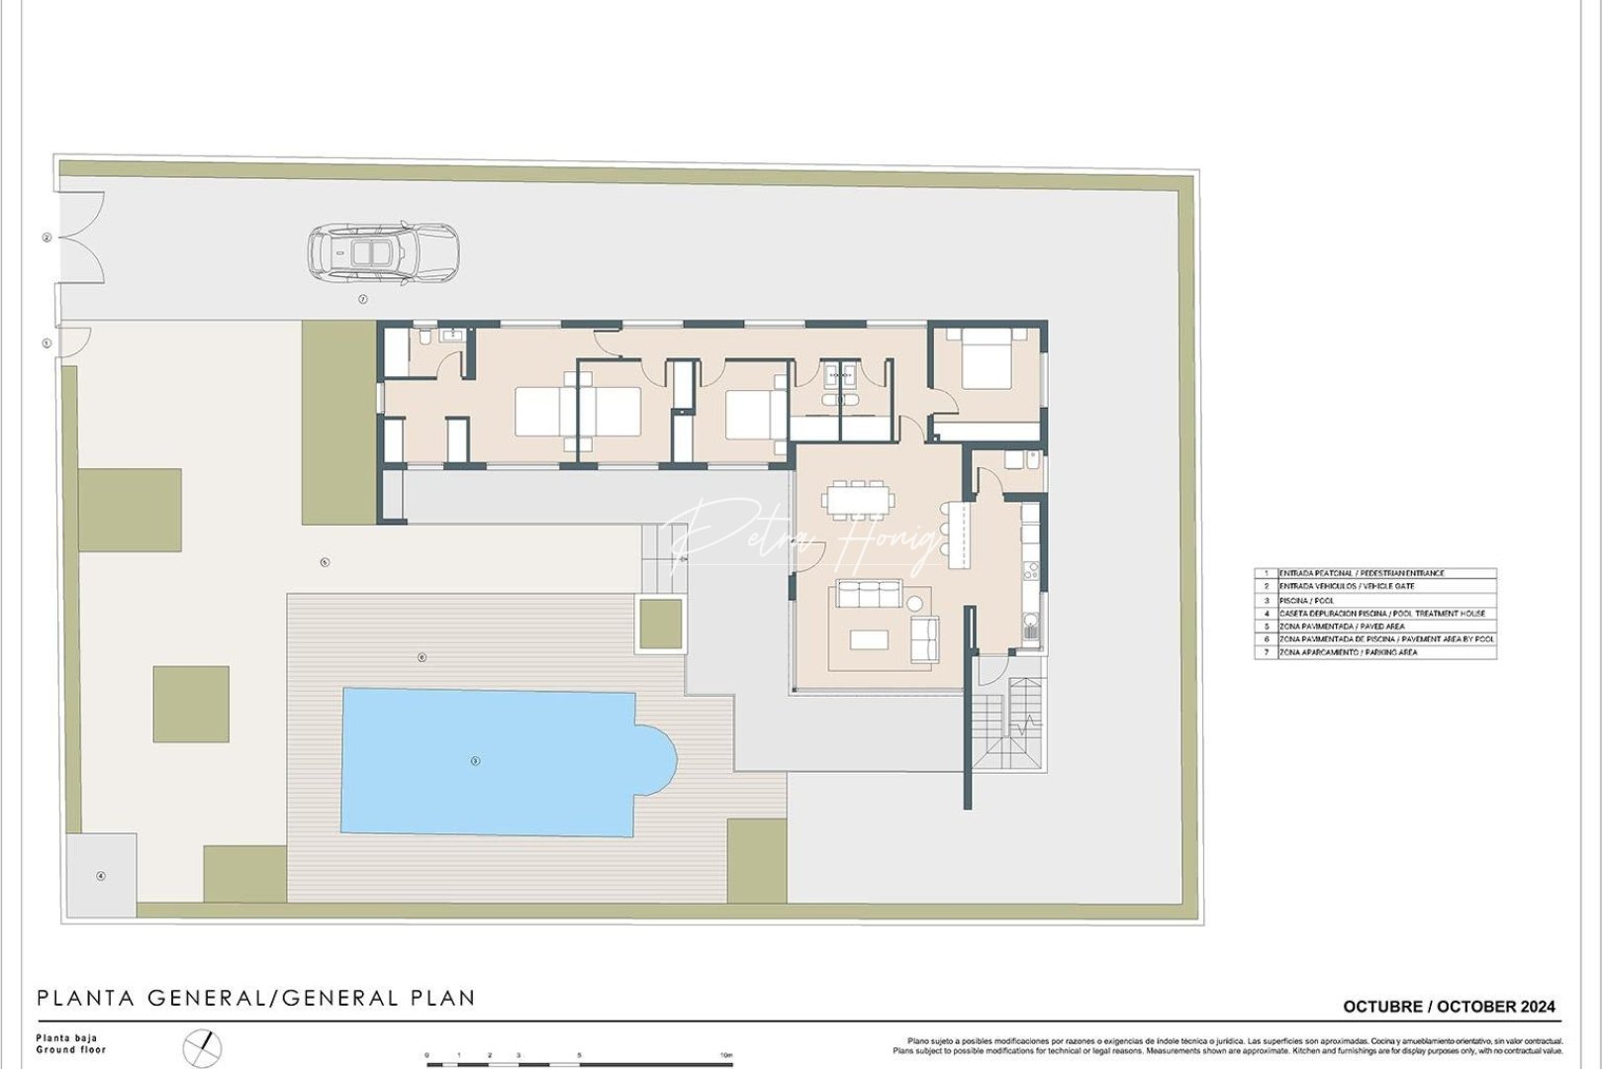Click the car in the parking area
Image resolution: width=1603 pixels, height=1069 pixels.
(383, 252)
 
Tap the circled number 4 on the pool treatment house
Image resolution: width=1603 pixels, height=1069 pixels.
(100, 876)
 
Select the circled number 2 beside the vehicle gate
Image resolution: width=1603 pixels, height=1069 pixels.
(47, 238)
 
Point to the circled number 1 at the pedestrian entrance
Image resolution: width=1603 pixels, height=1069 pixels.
(47, 343)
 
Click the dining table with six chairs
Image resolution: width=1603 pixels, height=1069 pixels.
(857, 499)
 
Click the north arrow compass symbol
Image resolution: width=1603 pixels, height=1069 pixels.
(203, 1047)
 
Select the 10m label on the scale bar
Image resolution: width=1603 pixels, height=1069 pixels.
(727, 1055)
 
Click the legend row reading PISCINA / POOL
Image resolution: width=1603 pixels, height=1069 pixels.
(1375, 600)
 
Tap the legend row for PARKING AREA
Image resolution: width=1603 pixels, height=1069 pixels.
(1375, 652)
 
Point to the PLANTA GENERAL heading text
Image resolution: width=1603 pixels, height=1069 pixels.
(148, 998)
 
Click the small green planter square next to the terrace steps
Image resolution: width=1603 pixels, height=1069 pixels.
(660, 624)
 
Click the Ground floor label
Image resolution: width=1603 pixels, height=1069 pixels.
(70, 1049)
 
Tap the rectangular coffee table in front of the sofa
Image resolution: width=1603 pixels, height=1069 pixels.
(869, 639)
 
